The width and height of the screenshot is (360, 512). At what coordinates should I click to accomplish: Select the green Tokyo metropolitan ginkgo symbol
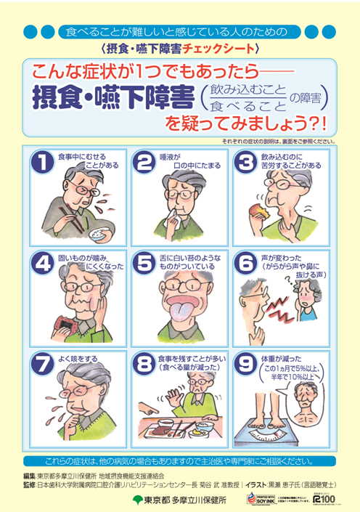[137, 500]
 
